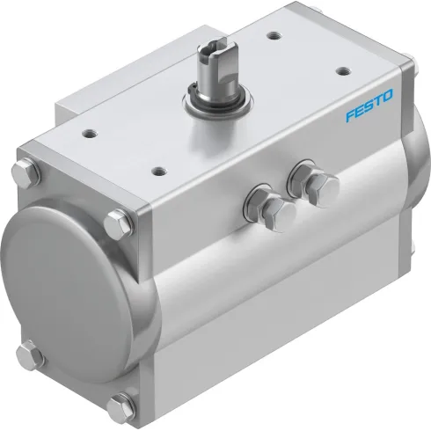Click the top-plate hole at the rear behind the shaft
coord(274,35)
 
